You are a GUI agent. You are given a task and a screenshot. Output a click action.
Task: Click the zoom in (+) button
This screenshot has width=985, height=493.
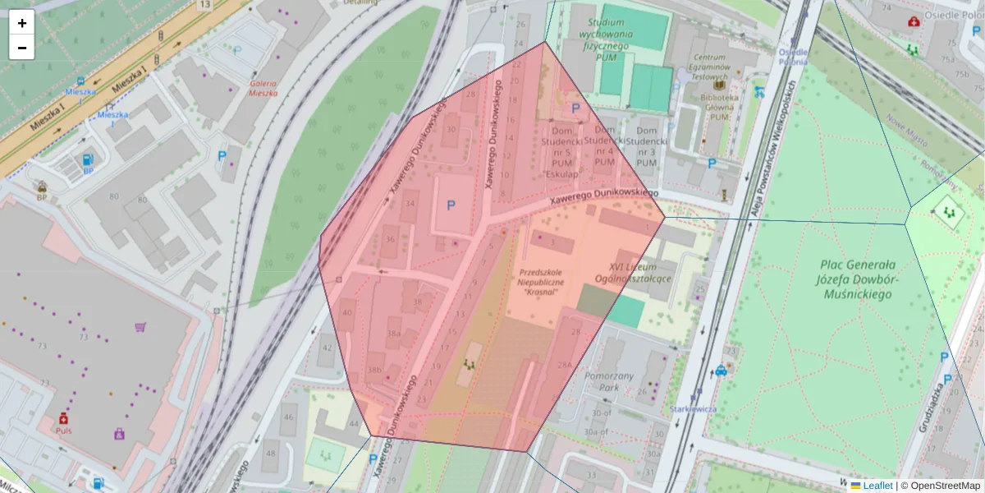[x=22, y=23]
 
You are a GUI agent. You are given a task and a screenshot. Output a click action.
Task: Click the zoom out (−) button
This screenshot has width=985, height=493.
[x=22, y=48]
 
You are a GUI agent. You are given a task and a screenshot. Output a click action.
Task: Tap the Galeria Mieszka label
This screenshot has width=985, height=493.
[x=264, y=88]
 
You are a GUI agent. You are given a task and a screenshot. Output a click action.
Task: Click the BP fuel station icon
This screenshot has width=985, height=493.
[x=88, y=159]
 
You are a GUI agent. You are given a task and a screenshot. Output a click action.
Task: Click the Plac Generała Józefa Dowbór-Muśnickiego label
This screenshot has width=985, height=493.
[x=859, y=279]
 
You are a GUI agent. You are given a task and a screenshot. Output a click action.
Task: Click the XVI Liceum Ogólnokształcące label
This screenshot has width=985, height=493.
[x=640, y=273]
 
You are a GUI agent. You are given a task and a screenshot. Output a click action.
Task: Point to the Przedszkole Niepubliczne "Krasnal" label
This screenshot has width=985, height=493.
[x=538, y=281]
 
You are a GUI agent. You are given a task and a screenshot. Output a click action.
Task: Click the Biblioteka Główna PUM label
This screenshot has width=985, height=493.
[x=720, y=107]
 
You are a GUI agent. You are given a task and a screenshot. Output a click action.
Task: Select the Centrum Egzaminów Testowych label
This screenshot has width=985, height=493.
[x=710, y=66]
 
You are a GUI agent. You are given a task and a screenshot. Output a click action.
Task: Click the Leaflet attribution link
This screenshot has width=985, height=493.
[x=877, y=486]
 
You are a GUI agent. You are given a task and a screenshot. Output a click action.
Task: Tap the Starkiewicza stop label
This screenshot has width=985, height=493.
[x=694, y=408]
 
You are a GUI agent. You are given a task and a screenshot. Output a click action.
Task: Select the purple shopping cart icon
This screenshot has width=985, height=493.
[x=140, y=326]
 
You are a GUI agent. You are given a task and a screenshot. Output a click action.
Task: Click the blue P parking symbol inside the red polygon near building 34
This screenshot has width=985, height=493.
[x=450, y=205]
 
